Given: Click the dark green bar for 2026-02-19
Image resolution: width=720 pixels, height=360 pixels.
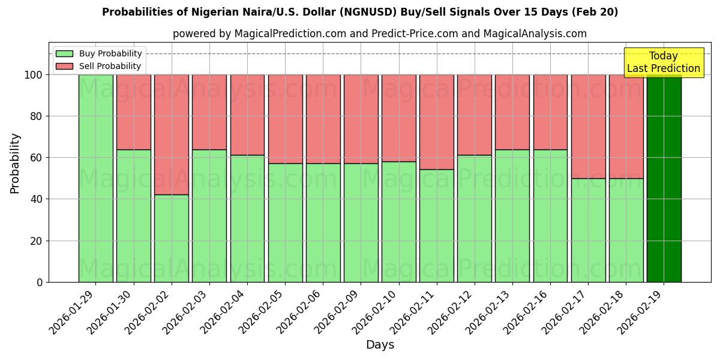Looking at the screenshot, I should coord(664,178).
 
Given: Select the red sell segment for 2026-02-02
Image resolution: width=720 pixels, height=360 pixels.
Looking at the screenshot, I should coord(172,134).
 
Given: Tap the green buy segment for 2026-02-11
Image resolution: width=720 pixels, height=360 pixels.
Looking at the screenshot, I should coord(437,226).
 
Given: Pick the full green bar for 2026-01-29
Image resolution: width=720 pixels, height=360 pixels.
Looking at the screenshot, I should coord(95,178).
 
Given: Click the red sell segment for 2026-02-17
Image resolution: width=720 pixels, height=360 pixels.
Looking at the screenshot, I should coord(588,127).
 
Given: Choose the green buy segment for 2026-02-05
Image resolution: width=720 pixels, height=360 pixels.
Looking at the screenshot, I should coord(285,223).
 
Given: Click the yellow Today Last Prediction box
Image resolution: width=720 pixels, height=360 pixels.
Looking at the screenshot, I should coord(663,62).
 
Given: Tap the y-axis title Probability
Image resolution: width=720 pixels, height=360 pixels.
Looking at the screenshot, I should coord(15,163).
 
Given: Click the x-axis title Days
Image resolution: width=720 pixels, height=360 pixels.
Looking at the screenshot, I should coord(380,345).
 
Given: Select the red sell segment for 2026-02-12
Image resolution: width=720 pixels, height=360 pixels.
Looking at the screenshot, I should coord(474,115).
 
